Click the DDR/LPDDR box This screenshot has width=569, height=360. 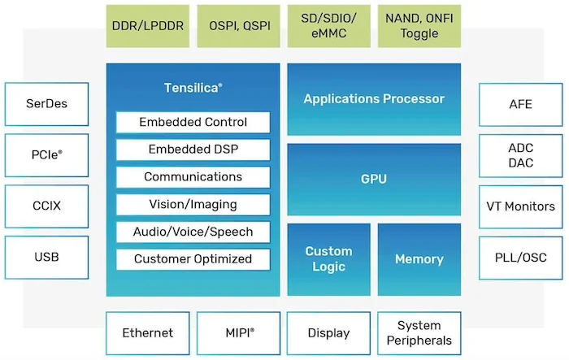pos(148,25)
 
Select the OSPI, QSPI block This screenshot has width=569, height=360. pos(238,25)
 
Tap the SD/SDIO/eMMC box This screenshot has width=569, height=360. pos(328,25)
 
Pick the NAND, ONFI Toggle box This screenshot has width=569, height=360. pos(419,25)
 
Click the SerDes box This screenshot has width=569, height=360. pos(47,103)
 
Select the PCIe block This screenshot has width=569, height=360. pos(47,154)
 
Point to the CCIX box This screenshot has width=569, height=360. pos(47,206)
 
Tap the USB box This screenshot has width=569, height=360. pos(47,257)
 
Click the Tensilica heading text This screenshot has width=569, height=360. pos(193,86)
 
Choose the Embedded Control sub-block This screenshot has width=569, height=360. pos(193,123)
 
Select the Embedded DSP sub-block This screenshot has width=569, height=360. pos(193,150)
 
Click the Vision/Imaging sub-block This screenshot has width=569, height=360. pos(193,204)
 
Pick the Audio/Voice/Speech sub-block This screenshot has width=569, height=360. pos(193,232)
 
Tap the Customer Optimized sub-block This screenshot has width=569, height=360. pos(193,259)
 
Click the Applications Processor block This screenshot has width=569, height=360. pos(374,99)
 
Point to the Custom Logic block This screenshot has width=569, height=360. pos(328,259)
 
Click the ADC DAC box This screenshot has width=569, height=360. pos(520,154)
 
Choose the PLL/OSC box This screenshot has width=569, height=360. pos(520,257)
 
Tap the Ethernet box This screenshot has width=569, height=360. pos(148,333)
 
